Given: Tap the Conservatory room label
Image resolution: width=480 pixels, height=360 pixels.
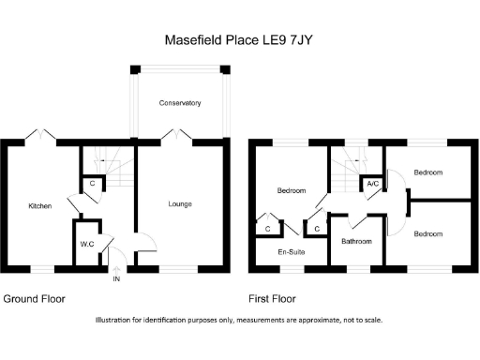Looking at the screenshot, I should click(180, 102).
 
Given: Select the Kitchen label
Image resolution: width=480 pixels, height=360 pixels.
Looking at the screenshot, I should click(39, 205).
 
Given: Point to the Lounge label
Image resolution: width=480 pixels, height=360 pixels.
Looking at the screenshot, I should click(180, 203).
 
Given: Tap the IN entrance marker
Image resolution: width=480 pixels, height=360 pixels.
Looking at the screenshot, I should click(116, 279).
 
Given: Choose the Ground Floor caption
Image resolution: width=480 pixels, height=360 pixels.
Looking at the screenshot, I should click(34, 300).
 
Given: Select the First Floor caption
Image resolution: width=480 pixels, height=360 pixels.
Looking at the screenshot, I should click(272, 300).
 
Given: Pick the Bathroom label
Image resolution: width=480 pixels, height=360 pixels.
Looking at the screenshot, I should click(356, 241).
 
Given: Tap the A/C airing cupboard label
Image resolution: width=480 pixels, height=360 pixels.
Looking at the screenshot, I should click(372, 183).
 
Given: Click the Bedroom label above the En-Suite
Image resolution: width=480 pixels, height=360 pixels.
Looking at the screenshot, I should click(292, 191).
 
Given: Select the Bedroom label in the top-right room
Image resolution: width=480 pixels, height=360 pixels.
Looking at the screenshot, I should click(428, 172).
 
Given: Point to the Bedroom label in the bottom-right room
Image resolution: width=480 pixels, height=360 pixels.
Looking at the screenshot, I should click(428, 232).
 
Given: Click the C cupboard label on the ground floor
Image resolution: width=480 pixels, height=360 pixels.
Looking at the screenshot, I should click(92, 184).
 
